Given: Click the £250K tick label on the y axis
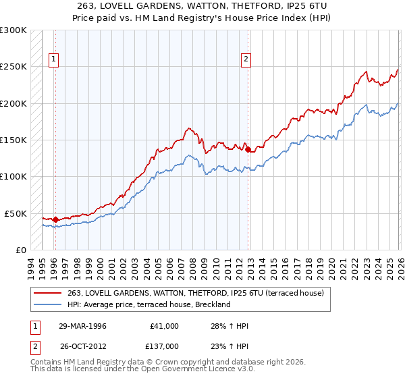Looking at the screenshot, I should (x=13, y=67).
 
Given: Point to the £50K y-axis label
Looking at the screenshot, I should (x=16, y=213).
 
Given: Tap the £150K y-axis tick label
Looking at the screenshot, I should (x=13, y=140).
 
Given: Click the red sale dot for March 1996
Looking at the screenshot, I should (x=55, y=219).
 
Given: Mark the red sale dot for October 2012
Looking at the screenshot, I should (x=248, y=148).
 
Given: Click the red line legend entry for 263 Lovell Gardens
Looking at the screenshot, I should (x=196, y=293).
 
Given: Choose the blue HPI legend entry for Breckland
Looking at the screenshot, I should (x=149, y=304).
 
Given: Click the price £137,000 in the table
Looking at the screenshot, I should (x=165, y=346).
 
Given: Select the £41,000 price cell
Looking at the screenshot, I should (x=165, y=326).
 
